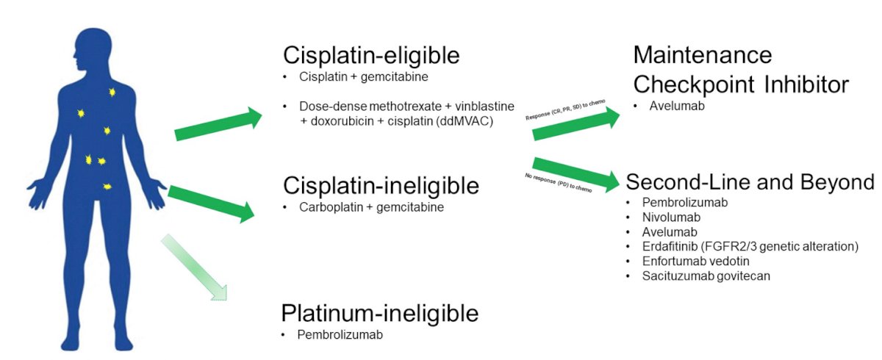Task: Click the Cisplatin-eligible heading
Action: [371, 56]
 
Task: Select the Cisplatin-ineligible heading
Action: [381, 186]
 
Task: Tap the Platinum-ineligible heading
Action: [379, 314]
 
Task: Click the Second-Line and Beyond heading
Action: [750, 182]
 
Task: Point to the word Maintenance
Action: [703, 54]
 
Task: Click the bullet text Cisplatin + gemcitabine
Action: [363, 76]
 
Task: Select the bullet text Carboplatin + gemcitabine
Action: [371, 207]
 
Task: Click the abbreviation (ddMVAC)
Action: [465, 121]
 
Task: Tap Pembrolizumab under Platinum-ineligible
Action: [340, 335]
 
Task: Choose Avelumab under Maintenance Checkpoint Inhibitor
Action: [677, 106]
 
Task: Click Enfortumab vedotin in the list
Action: [695, 262]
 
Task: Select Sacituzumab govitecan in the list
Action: [706, 276]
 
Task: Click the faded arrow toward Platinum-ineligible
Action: [195, 268]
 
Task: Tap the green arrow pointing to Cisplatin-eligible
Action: [218, 123]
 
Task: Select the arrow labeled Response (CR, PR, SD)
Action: [576, 123]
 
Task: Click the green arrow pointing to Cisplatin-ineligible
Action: [212, 204]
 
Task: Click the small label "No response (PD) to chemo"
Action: [559, 183]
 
